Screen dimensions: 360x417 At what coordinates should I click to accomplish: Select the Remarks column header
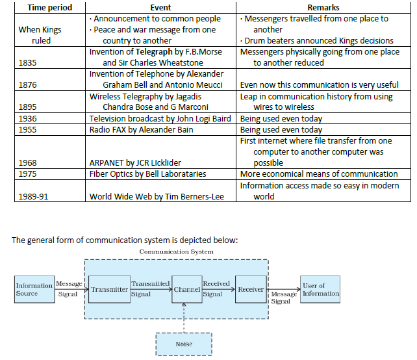click(x=323, y=7)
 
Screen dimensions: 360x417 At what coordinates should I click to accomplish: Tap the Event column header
click(x=160, y=7)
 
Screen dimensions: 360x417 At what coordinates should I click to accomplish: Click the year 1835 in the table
click(x=28, y=63)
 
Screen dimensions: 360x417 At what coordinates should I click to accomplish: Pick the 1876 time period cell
click(x=28, y=85)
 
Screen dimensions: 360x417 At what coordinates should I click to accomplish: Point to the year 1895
click(x=28, y=107)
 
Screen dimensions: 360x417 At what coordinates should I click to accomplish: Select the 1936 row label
click(x=28, y=118)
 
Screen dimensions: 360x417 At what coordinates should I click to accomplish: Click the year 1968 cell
click(x=28, y=162)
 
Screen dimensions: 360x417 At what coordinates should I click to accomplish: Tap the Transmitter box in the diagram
click(x=108, y=289)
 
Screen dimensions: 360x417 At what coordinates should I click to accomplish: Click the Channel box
click(x=186, y=289)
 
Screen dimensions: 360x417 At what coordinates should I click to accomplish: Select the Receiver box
click(x=251, y=289)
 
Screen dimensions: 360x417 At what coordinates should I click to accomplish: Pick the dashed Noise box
click(x=184, y=344)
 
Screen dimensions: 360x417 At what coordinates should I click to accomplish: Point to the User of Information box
click(x=320, y=289)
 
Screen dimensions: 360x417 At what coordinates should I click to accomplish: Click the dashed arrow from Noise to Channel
click(x=186, y=318)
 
